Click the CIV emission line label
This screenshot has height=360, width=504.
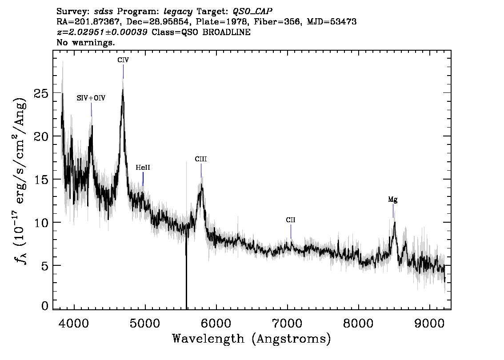click(123, 60)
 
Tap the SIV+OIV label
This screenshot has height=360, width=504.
click(91, 98)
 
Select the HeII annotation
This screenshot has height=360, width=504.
click(143, 168)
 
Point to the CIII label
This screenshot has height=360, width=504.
click(201, 159)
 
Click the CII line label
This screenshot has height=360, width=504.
click(291, 220)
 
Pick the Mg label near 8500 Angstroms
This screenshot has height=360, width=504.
click(393, 200)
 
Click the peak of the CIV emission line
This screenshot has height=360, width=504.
click(123, 90)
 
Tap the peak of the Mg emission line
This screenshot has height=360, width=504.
click(394, 222)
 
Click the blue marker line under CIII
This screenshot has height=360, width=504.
click(201, 170)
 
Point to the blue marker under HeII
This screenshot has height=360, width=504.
click(143, 179)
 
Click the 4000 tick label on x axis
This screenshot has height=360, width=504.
click(74, 323)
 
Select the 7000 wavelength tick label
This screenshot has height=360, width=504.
click(288, 323)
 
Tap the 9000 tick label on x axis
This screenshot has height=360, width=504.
click(429, 323)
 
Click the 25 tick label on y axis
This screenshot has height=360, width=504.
click(41, 93)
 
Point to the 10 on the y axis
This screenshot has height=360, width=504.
click(41, 222)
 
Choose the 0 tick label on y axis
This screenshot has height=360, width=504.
click(45, 306)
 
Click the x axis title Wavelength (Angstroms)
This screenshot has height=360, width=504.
click(252, 339)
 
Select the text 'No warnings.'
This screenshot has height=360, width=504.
click(85, 42)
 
